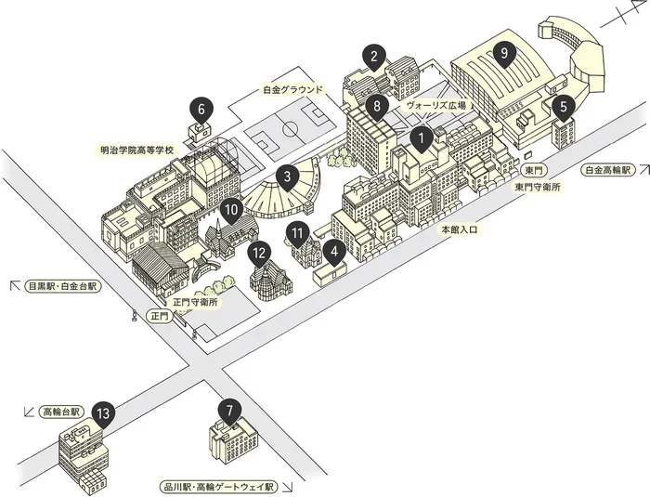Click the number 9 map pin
tap(503, 55)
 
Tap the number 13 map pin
tap(103, 415)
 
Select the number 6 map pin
tap(201, 111)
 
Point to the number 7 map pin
tap(230, 412)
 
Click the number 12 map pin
tap(259, 254)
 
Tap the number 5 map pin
tap(564, 108)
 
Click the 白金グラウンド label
tap(292, 89)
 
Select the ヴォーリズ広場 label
tap(435, 105)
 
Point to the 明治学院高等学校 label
tap(137, 150)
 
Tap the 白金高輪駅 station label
tap(607, 170)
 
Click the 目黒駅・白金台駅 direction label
tap(62, 286)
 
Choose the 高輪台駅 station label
tap(61, 412)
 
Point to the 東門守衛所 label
tap(538, 187)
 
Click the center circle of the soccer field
tap(291, 129)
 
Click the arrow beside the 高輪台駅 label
tap(29, 412)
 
